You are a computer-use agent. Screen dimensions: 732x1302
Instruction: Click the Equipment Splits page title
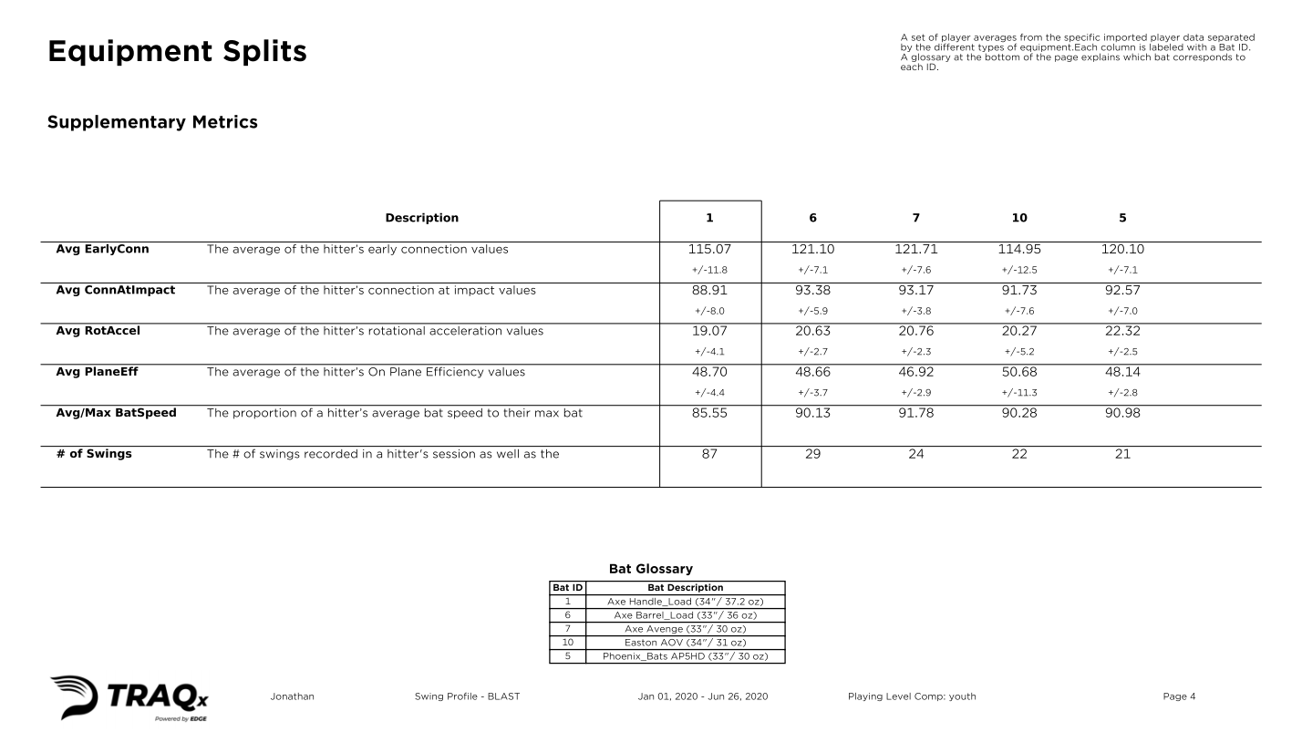pos(177,52)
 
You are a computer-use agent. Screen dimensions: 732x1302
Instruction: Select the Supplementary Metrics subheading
pos(152,122)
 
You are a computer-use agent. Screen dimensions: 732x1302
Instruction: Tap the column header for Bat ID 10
pos(1019,218)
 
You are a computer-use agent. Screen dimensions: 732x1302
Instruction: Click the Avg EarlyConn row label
pos(103,249)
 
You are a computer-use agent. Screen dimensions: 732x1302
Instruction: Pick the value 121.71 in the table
pos(916,249)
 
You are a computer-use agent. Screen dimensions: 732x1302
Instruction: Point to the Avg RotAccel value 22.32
pos(1122,331)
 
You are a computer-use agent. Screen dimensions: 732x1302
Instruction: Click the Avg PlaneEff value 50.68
pos(1019,372)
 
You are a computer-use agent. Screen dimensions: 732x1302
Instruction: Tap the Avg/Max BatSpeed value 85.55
pos(709,413)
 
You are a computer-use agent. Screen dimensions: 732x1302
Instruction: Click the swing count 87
pos(709,454)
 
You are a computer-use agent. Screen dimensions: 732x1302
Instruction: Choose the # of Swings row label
pos(94,454)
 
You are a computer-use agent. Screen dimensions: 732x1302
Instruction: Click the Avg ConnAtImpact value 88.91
pos(709,290)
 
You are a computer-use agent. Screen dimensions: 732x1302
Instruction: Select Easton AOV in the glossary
pos(685,643)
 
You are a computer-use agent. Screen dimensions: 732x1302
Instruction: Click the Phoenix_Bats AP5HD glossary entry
pos(685,656)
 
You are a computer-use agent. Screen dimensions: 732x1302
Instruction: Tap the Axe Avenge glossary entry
pos(685,629)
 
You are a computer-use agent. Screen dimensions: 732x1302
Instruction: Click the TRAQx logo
pos(130,698)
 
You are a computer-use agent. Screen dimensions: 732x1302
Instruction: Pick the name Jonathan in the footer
pos(293,697)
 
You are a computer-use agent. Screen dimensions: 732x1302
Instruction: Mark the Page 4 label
pos(1179,697)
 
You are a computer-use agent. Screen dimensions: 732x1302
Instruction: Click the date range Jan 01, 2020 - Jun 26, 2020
pos(703,697)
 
